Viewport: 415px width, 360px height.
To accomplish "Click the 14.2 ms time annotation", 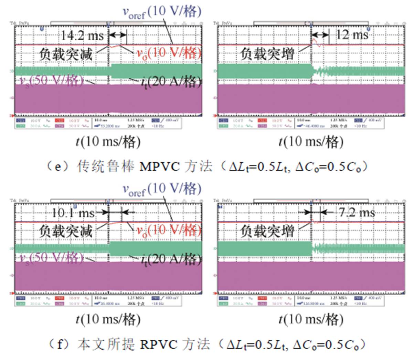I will tap(82, 35).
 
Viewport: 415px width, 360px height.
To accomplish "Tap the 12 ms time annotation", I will tap(351, 34).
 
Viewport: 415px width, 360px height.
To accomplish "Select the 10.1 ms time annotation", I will tap(73, 213).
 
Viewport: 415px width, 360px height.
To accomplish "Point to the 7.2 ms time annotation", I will tap(357, 212).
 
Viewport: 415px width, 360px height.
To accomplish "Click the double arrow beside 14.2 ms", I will tap(118, 35).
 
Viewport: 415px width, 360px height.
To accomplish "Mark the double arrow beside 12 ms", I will tap(320, 35).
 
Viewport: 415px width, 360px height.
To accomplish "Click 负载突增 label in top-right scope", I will tap(267, 54).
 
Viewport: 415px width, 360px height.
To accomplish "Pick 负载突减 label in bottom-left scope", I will tap(66, 231).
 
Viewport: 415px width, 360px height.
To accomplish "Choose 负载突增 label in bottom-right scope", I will tap(267, 231).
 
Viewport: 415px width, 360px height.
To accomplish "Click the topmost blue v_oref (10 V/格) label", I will tap(162, 12).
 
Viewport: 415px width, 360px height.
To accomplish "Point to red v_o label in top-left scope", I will tap(168, 53).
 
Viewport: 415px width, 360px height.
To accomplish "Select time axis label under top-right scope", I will tap(311, 142).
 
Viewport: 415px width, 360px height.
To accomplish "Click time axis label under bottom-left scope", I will tap(108, 319).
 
